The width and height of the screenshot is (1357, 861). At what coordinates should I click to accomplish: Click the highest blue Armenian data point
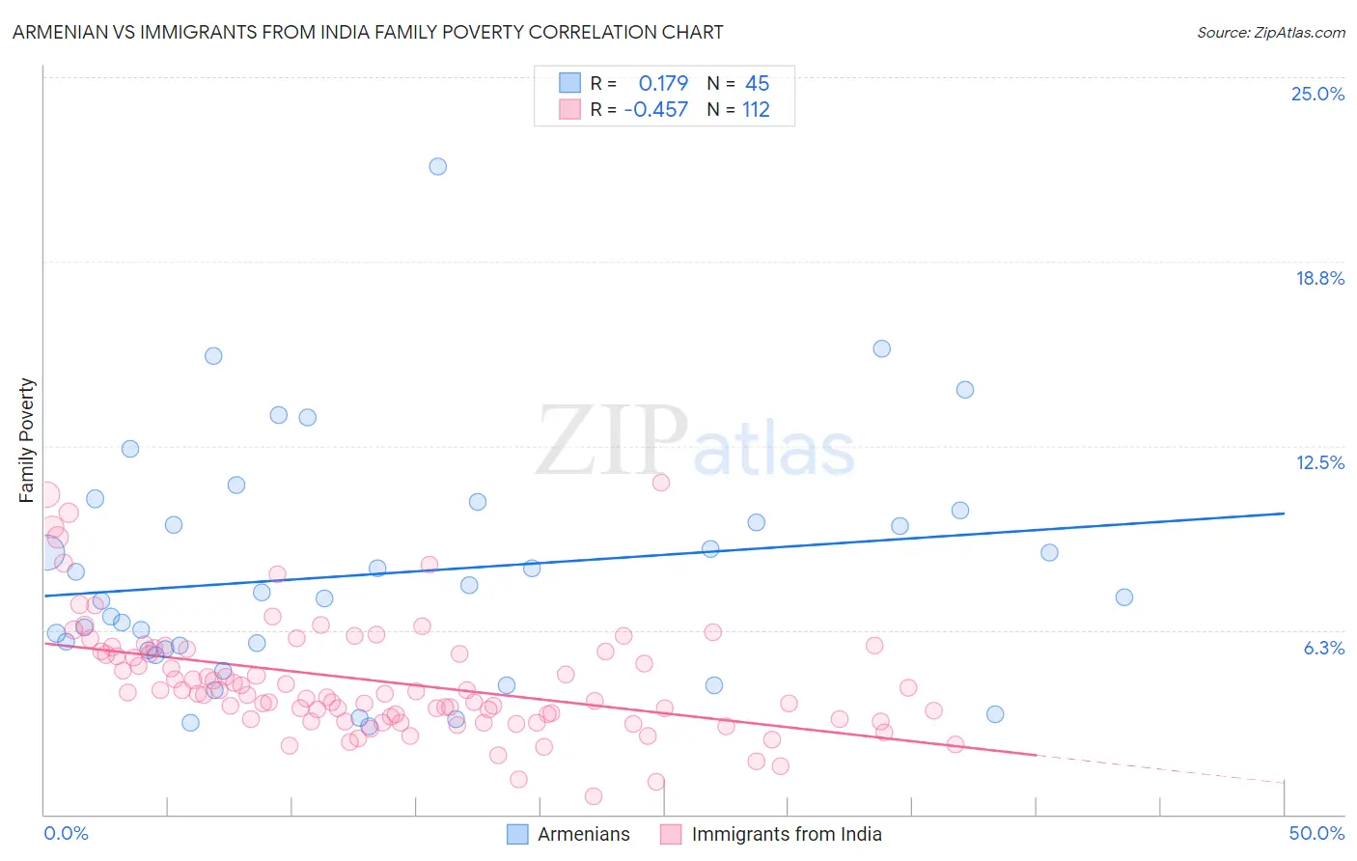pos(437,166)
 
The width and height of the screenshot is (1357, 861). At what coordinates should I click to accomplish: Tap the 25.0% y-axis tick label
pos(1317,94)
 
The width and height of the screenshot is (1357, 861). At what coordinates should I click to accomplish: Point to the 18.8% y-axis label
pos(1319,278)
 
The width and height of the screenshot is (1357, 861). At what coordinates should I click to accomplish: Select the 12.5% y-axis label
pos(1319,462)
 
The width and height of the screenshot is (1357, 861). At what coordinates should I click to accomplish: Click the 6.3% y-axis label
pos(1323,648)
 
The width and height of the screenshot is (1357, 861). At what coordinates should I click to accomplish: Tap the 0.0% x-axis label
pos(66,833)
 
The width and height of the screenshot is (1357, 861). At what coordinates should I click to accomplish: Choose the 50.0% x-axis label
pos(1316,833)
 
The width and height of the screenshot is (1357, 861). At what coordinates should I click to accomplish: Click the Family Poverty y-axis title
pos(27,440)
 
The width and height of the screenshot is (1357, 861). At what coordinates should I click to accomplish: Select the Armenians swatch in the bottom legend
pos(518,834)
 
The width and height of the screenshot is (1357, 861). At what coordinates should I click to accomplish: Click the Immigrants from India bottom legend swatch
pos(671,834)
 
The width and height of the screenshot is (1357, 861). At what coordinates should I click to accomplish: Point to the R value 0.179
pos(663,84)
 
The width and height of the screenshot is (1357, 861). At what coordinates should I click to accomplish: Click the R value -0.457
pos(656,110)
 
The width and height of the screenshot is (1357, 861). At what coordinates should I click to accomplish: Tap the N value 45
pos(757,84)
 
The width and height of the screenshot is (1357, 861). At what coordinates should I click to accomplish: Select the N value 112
pos(756,110)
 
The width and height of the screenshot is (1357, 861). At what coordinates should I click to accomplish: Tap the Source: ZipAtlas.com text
pos(1270,32)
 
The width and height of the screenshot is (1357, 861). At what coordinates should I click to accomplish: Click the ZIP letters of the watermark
pos(611,441)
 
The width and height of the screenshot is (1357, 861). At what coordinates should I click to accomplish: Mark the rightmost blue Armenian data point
pos(1123,597)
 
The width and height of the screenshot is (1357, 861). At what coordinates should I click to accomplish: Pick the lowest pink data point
pos(594,796)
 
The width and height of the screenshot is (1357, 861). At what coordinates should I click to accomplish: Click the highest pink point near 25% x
pos(661,483)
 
